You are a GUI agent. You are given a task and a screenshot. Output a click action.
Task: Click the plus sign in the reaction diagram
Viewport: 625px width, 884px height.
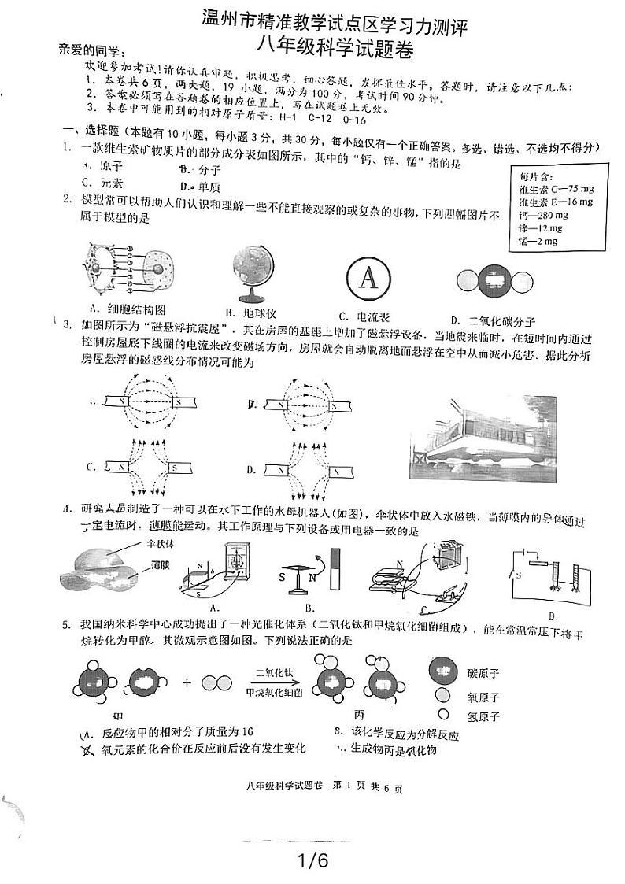pyautogui.click(x=187, y=682)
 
